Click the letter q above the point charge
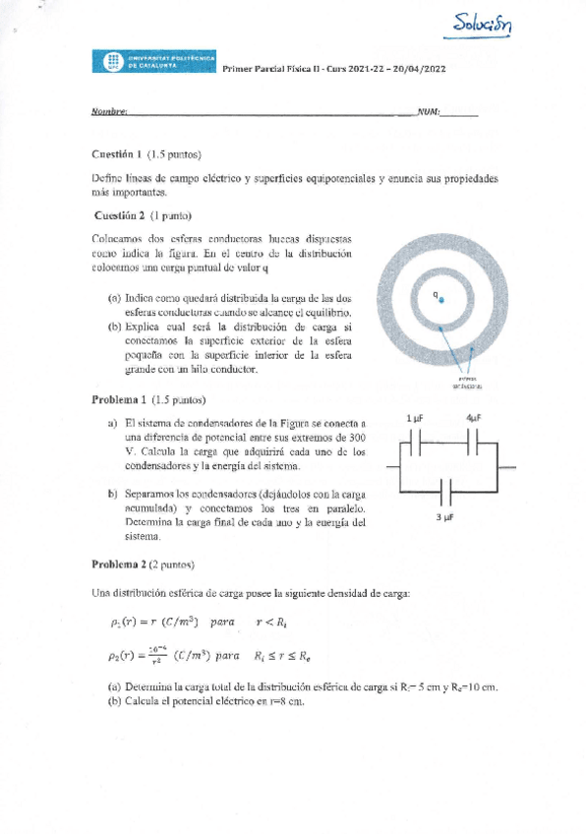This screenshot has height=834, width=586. point(436,292)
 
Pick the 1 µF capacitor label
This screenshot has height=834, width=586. point(414,418)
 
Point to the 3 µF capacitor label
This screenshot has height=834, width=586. point(443,516)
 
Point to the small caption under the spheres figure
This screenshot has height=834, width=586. point(466,384)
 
